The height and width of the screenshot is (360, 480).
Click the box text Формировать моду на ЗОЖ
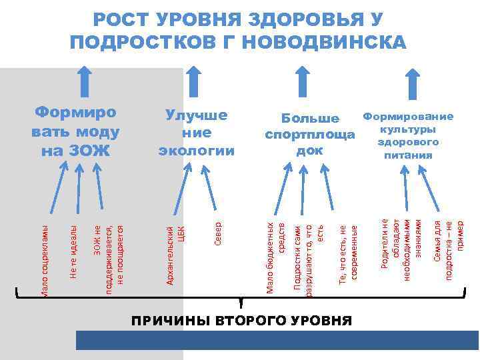(75, 131)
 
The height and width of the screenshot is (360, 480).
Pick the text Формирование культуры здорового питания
(408, 135)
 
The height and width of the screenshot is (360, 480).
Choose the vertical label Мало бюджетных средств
(276, 257)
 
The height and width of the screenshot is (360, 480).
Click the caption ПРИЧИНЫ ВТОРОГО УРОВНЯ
(241, 320)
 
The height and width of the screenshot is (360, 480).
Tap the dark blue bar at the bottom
(277, 341)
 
